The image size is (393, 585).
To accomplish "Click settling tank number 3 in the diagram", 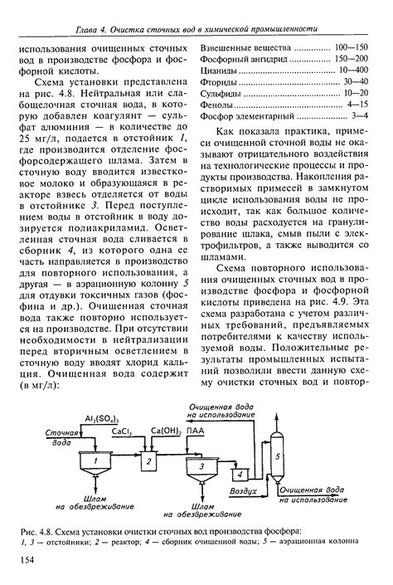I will click(x=200, y=469).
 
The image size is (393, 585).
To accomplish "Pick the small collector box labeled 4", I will click(x=240, y=475).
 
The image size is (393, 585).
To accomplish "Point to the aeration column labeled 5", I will click(x=278, y=456).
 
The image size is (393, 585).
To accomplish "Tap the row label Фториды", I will click(x=218, y=82).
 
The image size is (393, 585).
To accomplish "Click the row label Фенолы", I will click(x=217, y=105).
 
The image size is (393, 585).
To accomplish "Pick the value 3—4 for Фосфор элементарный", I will click(x=360, y=117).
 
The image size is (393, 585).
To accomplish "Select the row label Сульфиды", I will click(x=221, y=94).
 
